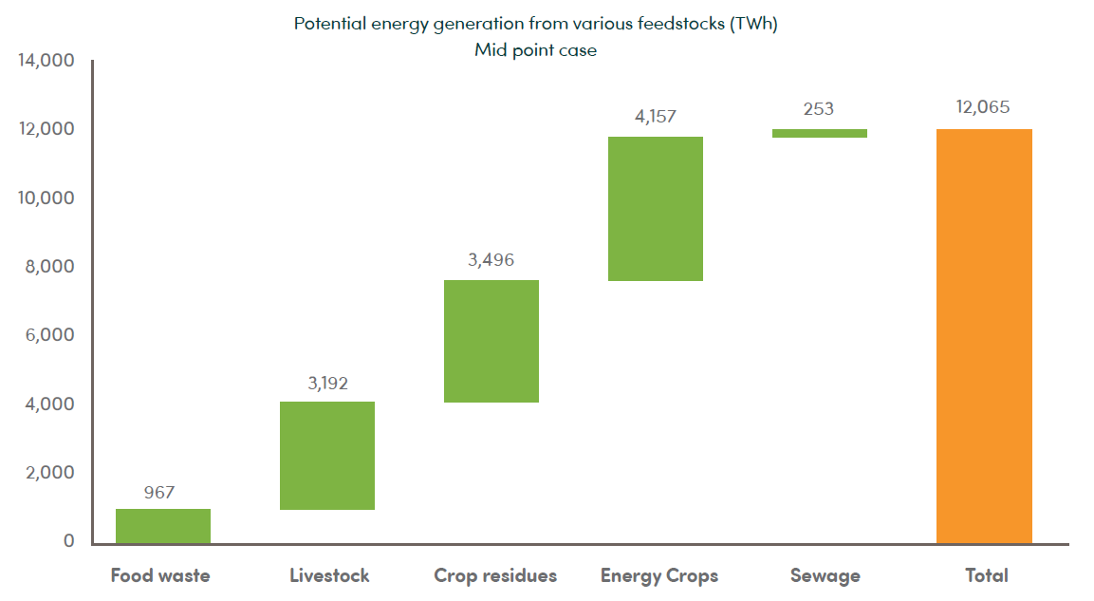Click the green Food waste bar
point(163,526)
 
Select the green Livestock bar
point(327,456)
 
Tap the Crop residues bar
point(491,341)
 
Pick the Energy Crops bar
point(656,209)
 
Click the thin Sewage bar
point(820,134)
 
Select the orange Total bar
point(984,336)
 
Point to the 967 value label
point(159,493)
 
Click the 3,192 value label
point(327,384)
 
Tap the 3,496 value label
point(491,260)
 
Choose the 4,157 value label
point(656,117)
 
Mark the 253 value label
point(819,109)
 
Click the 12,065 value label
point(983,107)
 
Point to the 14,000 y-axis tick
point(46,61)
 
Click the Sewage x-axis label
point(825,575)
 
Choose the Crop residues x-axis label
point(495,575)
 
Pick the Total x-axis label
point(987,575)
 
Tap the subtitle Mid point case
point(536,50)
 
